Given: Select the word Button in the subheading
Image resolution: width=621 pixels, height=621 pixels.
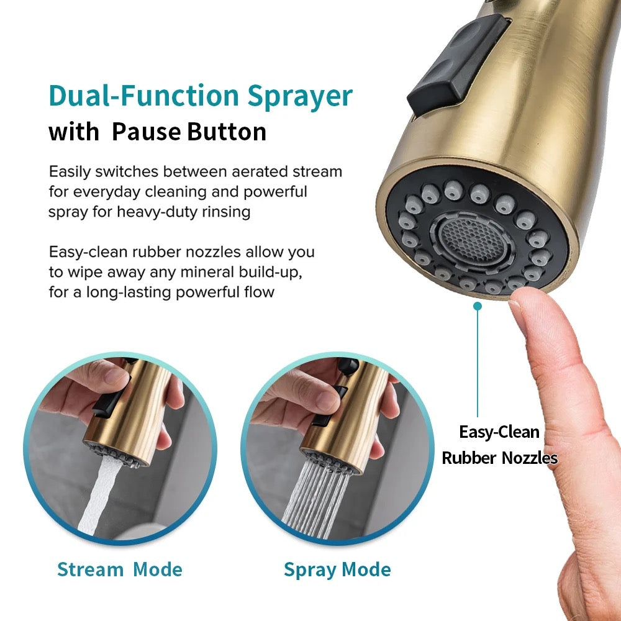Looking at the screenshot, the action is (x=227, y=132).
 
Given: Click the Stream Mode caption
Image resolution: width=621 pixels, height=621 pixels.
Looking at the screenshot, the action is (x=120, y=569).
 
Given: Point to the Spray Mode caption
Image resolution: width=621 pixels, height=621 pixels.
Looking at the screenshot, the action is (x=337, y=570).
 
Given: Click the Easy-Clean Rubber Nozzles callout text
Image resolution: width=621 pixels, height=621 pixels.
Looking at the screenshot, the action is (x=499, y=445).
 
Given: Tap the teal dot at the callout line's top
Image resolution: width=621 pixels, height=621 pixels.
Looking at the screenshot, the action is (x=478, y=306).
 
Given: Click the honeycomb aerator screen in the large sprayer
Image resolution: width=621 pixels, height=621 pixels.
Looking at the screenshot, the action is (x=472, y=239).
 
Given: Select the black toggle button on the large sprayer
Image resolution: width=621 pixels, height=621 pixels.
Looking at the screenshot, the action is (x=458, y=65).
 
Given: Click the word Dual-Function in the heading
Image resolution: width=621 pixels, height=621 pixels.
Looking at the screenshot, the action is (x=144, y=96).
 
